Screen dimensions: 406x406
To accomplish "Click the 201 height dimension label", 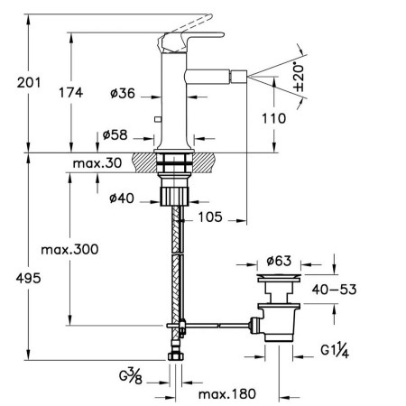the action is point(29,82).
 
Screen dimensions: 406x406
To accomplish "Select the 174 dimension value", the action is point(70,92).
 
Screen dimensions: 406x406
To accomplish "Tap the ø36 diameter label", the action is point(123,93).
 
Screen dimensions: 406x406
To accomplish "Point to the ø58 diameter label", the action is point(115,135).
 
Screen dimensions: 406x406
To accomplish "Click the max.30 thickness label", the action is point(97,163).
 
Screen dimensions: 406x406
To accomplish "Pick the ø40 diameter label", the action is point(122,198).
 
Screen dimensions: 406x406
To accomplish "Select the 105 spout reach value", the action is point(210,217).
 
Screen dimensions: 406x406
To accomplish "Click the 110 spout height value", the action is point(274,118).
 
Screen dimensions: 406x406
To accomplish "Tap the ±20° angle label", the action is point(299,78).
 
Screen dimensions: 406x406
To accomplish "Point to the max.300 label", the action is point(69,250).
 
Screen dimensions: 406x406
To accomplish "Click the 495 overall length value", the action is point(28,278).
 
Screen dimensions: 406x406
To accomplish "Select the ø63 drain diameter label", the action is point(279,261).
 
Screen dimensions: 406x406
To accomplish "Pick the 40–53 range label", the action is point(334,290).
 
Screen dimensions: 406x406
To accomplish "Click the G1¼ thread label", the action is point(335,350).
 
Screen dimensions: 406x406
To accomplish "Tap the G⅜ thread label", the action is point(131,376).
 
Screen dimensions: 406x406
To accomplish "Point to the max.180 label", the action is point(227,394).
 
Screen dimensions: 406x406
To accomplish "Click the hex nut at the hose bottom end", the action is point(175,356).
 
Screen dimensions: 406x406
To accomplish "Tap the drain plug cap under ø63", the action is point(279,278).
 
